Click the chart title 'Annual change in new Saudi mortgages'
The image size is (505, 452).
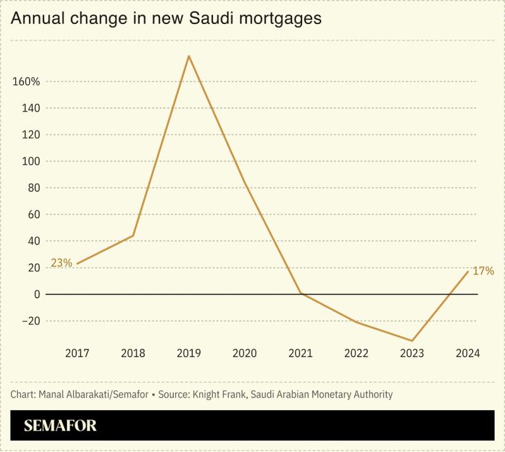(x=166, y=19)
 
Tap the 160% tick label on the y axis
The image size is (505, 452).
(x=26, y=82)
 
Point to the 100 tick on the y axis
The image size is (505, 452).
(x=32, y=161)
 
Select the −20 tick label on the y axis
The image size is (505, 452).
(x=29, y=321)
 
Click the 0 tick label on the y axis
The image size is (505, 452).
(x=37, y=294)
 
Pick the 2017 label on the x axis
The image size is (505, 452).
(x=77, y=353)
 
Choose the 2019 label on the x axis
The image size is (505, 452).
(x=188, y=353)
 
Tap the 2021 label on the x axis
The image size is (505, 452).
(x=300, y=353)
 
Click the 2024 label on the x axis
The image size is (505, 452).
(x=468, y=353)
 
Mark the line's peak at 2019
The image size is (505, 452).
(x=188, y=56)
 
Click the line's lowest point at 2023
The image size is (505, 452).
(x=412, y=341)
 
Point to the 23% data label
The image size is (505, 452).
(x=61, y=262)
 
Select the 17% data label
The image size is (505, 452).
(x=484, y=271)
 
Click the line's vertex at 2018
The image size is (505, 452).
(x=133, y=235)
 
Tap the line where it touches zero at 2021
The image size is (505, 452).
(x=300, y=293)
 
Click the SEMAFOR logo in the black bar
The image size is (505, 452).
(x=60, y=426)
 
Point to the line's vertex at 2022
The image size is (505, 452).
(x=356, y=322)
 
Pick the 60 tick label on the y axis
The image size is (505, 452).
(x=33, y=215)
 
